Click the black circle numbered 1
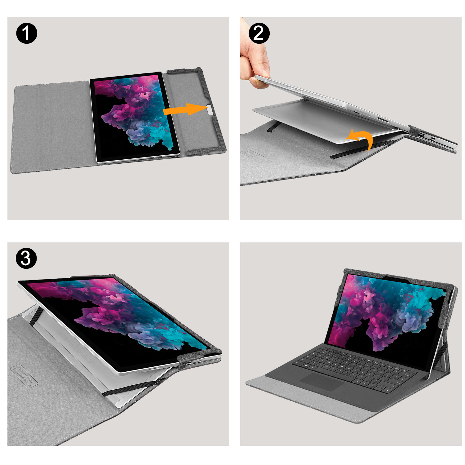coord(27,33)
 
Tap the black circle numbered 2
coord(259,33)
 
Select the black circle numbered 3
coord(26,258)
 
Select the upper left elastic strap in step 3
coord(36,316)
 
